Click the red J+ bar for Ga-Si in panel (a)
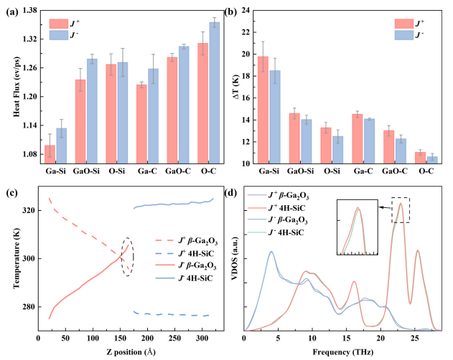(50, 154)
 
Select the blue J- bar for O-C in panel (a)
(215, 93)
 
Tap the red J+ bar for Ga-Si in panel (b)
(263, 110)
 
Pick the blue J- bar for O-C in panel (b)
(432, 160)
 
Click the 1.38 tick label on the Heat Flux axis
(29, 10)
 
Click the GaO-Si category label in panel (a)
(86, 171)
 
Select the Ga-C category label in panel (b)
(363, 171)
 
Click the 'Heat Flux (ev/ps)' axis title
(17, 87)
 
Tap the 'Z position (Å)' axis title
(131, 352)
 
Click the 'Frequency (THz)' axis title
(343, 352)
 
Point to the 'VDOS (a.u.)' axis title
(235, 258)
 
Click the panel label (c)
(11, 193)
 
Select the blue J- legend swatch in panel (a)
(59, 35)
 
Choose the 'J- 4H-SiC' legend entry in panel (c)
(184, 278)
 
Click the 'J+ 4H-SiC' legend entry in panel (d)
(276, 208)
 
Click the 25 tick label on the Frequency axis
(414, 338)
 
